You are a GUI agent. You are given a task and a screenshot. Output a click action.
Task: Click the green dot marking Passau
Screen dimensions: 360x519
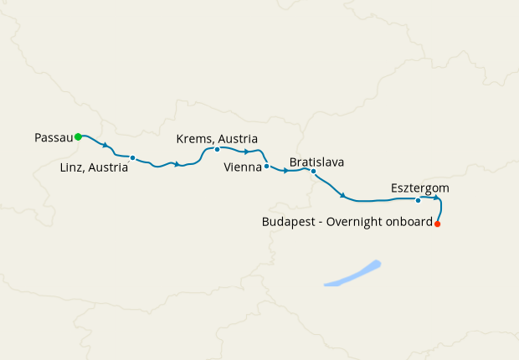78,136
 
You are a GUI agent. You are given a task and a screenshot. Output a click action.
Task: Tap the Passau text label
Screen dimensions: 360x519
54,136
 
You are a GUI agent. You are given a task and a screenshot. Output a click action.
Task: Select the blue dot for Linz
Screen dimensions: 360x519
132,157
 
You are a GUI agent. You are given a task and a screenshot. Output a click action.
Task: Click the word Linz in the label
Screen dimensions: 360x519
74,167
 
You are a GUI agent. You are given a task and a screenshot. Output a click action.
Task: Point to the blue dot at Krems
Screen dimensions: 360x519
217,150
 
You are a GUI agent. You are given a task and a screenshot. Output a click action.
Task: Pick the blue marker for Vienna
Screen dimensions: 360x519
266,166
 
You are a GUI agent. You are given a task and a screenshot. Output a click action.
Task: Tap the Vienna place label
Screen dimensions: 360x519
243,167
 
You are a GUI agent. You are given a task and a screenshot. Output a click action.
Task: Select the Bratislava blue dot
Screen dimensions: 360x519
313,172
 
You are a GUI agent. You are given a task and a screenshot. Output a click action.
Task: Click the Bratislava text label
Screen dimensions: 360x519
316,161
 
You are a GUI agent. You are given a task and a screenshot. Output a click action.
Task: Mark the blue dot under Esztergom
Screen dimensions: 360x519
418,200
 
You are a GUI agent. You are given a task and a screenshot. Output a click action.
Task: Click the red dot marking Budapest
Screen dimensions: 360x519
438,224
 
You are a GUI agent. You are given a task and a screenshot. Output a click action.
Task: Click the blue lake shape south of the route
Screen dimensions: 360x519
352,275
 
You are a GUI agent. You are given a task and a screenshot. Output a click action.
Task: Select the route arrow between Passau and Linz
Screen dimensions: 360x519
105,145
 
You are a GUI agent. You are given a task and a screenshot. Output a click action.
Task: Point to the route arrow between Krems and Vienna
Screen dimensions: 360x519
247,152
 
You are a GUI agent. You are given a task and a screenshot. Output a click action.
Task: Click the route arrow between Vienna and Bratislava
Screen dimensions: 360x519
286,171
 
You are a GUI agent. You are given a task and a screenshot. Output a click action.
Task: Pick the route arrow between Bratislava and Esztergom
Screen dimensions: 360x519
343,196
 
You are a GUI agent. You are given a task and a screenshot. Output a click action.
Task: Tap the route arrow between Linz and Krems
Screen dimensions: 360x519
177,164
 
